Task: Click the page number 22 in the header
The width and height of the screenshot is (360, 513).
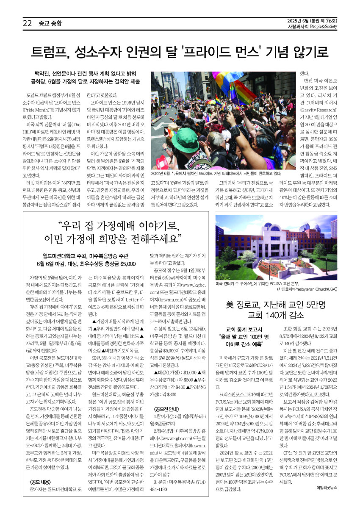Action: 27,24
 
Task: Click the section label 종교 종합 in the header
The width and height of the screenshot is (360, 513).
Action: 50,24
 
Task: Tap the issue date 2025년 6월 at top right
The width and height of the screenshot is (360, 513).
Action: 297,20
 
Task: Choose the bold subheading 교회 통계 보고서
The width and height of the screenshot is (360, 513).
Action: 244,329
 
